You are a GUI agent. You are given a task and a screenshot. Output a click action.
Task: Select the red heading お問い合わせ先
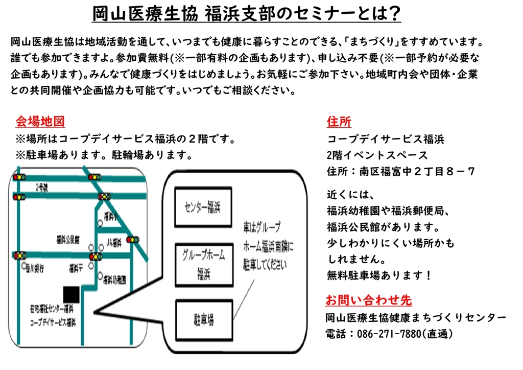(x=369, y=300)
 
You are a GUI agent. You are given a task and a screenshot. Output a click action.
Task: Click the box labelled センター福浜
(x=202, y=207)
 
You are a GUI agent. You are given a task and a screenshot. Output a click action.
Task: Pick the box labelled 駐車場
(x=203, y=320)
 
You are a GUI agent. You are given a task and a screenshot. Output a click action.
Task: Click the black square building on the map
(x=71, y=293)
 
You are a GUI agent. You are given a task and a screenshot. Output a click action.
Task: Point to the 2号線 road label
(x=42, y=187)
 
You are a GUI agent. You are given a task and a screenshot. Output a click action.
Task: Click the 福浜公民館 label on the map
(x=68, y=238)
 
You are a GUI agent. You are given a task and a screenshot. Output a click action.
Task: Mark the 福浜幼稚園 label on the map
(x=114, y=280)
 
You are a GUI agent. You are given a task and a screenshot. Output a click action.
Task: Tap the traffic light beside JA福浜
(x=133, y=239)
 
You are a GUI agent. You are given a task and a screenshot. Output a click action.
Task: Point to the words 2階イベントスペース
(x=377, y=155)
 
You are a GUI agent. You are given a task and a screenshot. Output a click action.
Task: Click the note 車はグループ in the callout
(x=262, y=226)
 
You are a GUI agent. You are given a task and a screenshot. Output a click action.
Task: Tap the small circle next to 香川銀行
(x=24, y=266)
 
